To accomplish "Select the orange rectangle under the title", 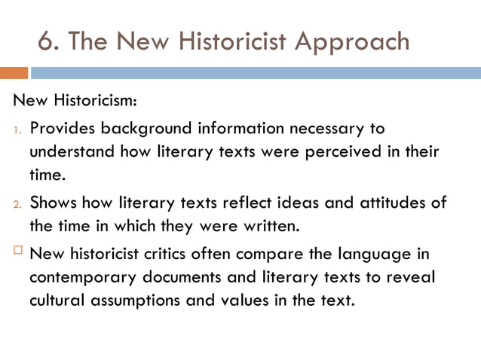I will (14, 73).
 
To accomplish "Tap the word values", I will (239, 301).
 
